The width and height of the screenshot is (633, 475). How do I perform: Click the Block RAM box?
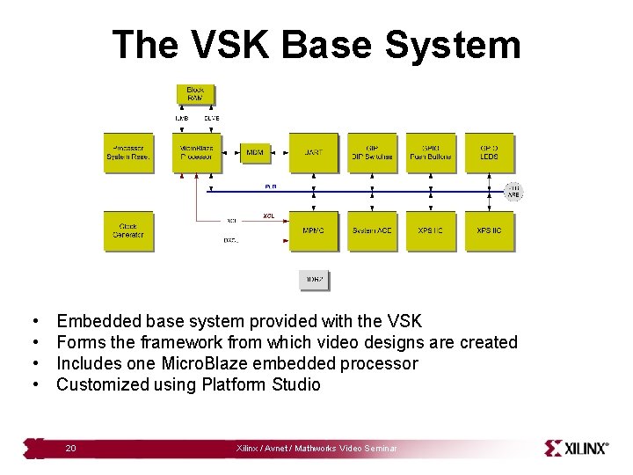click(x=195, y=94)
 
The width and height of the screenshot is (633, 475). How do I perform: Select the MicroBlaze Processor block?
click(x=197, y=153)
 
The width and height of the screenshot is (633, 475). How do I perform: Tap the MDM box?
click(x=255, y=153)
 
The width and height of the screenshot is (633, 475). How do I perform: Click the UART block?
click(x=313, y=153)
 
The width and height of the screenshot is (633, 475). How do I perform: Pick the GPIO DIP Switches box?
click(x=372, y=153)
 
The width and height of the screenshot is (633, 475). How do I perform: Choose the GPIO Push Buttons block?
click(x=431, y=153)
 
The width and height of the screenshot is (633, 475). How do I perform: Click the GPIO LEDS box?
click(x=490, y=153)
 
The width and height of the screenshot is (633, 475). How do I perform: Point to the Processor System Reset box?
click(x=128, y=153)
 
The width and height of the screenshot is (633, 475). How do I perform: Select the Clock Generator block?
click(x=128, y=230)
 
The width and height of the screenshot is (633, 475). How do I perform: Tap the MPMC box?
click(x=313, y=230)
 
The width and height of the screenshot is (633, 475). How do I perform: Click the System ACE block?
click(x=372, y=230)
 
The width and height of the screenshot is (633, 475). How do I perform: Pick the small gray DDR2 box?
click(x=314, y=280)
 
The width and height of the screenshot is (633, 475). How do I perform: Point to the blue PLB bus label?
click(x=270, y=186)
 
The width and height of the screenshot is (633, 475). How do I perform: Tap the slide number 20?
click(x=70, y=449)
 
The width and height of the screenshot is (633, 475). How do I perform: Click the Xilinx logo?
click(x=577, y=448)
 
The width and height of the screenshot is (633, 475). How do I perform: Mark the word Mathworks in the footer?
click(x=319, y=449)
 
